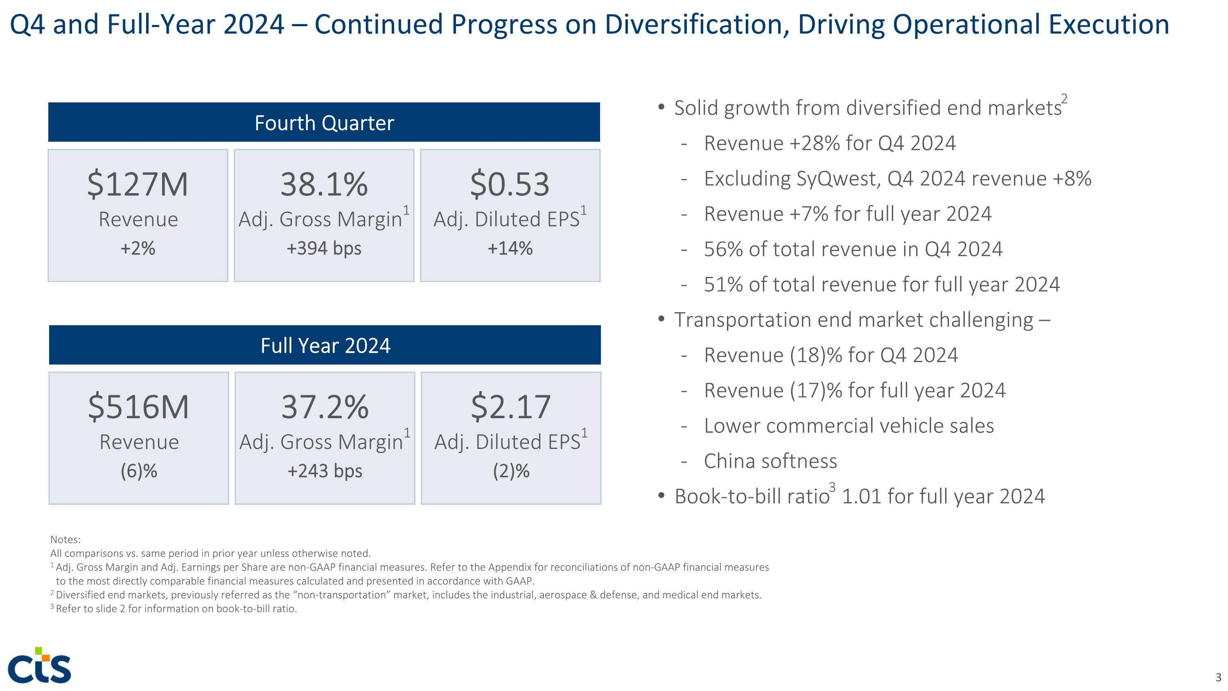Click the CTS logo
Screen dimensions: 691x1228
pos(40,666)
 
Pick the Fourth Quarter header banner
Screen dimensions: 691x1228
pos(324,122)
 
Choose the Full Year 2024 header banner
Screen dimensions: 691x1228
pos(325,345)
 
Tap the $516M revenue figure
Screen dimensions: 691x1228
pos(139,407)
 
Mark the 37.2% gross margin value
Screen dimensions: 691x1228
pos(325,407)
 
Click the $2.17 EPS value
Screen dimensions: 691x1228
pos(510,407)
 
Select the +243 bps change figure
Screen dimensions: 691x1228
pos(325,471)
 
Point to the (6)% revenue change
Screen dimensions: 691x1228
pos(139,471)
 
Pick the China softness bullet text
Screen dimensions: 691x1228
pos(770,461)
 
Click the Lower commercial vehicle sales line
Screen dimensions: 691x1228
pos(849,426)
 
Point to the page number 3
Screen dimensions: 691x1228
pos(1218,677)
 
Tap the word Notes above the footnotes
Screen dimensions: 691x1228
pos(65,540)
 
